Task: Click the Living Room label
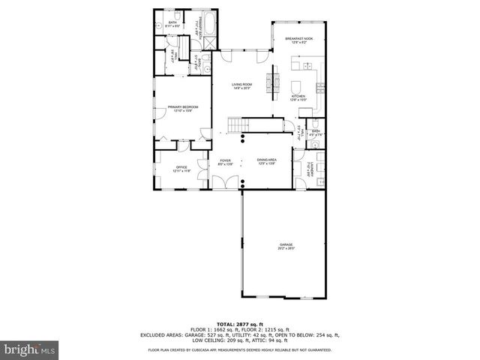click(241, 86)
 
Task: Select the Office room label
click(181, 169)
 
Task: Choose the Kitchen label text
click(298, 97)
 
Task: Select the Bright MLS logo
click(30, 349)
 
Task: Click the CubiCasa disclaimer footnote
click(240, 349)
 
